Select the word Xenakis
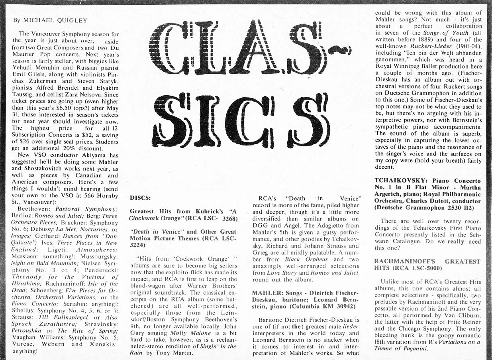coord(102,344)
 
